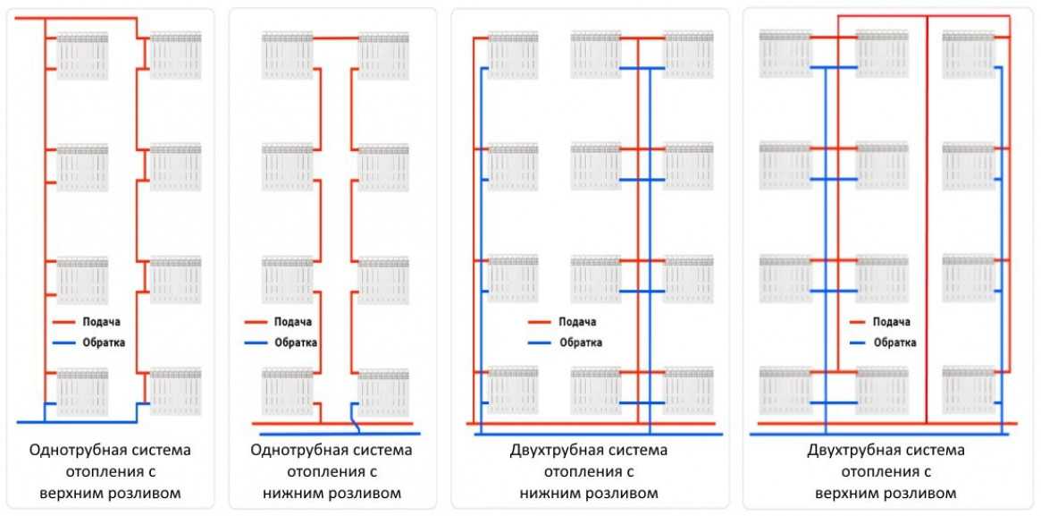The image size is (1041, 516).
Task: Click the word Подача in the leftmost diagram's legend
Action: (101, 322)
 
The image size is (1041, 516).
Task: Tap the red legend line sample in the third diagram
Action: (541, 322)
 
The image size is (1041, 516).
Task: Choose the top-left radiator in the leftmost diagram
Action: (82, 55)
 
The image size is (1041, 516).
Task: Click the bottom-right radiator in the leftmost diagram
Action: (175, 392)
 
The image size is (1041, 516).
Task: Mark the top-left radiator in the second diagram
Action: (287, 55)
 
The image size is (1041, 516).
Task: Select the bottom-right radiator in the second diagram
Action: (383, 392)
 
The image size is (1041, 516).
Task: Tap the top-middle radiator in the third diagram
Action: (595, 55)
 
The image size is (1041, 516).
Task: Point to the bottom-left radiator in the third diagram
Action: (513, 391)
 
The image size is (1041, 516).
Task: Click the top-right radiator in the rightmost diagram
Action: (968, 55)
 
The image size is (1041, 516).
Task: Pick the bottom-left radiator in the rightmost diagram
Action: (785, 391)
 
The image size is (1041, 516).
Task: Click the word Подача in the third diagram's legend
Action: (576, 322)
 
